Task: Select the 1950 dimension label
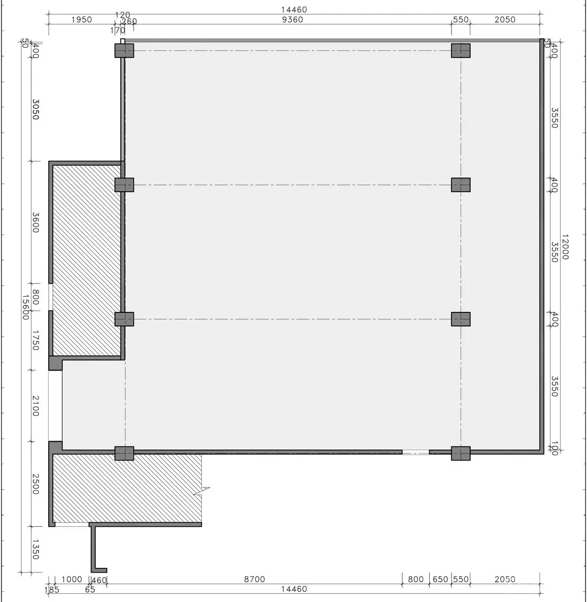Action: (x=81, y=19)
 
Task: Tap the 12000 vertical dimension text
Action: (x=565, y=247)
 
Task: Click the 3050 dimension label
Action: (x=35, y=109)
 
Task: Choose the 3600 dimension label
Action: (x=35, y=222)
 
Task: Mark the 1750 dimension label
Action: (x=35, y=341)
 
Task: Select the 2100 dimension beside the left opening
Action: (x=35, y=406)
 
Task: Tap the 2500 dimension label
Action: (x=35, y=484)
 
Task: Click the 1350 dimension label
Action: (x=35, y=549)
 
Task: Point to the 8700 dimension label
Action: (x=254, y=579)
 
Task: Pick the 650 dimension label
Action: (x=440, y=579)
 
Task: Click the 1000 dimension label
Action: (x=72, y=579)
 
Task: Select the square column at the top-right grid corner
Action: (x=461, y=51)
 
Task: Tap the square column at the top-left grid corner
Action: (x=124, y=51)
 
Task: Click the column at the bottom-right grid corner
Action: (x=461, y=453)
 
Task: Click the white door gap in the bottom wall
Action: (x=416, y=452)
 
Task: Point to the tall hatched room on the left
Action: (x=87, y=260)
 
